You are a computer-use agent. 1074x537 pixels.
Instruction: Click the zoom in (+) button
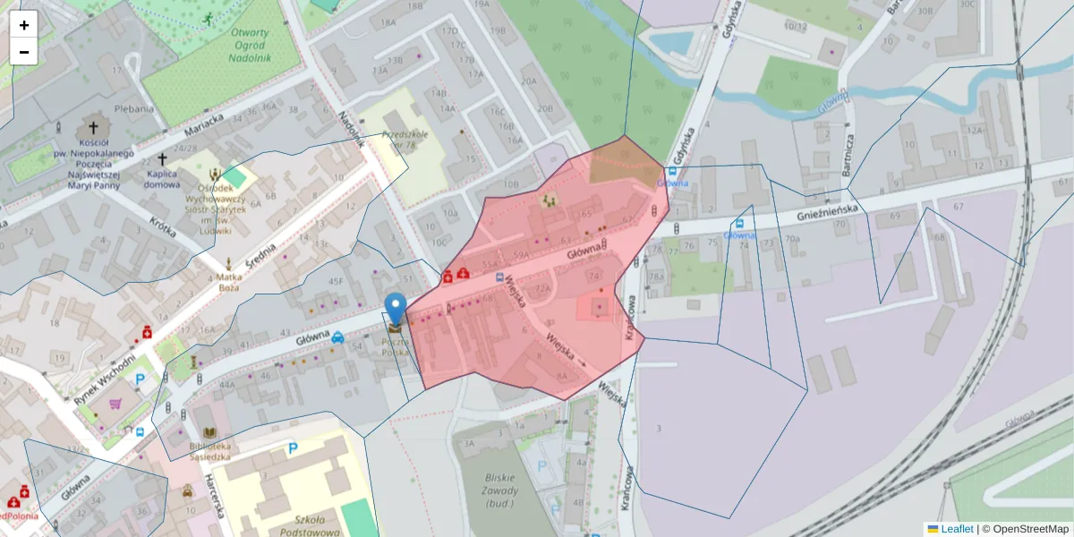pos(24,25)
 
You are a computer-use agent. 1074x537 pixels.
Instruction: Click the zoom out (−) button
pos(24,52)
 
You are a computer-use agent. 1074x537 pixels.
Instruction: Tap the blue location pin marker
pos(395,310)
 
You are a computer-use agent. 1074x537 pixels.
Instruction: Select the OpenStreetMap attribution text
pos(1025,529)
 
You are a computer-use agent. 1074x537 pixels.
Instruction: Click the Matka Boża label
pos(230,282)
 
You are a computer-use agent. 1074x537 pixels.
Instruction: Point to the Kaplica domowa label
pos(162,180)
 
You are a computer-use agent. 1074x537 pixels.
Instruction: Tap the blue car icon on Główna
pos(337,337)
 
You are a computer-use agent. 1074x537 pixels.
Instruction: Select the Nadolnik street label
pos(353,128)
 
